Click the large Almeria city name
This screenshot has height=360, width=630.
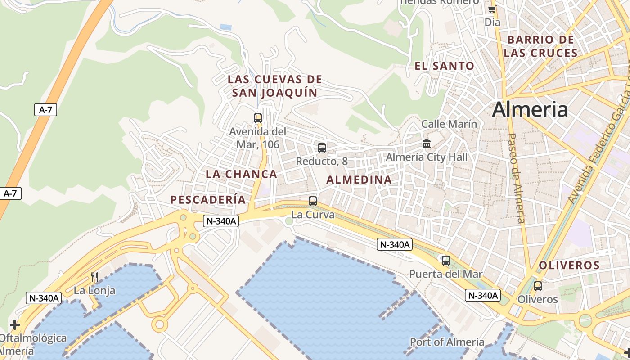click(x=530, y=109)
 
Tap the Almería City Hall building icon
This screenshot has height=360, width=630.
click(x=426, y=144)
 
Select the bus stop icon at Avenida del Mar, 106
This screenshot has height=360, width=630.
click(x=258, y=118)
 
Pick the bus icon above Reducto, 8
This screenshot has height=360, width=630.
click(x=322, y=148)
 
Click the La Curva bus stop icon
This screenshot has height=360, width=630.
click(x=313, y=201)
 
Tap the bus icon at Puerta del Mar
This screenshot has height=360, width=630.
click(x=446, y=260)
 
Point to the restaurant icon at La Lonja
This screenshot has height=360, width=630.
click(x=94, y=277)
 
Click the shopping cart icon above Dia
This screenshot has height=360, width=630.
click(x=492, y=9)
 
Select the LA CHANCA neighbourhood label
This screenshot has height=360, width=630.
click(x=241, y=174)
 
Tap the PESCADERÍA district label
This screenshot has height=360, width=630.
click(x=208, y=200)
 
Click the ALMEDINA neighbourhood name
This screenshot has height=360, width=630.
click(x=359, y=180)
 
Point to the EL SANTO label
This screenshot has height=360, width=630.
click(x=444, y=66)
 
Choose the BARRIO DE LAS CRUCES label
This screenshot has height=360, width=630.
click(x=540, y=46)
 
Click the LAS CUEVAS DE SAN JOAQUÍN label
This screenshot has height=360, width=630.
click(x=274, y=86)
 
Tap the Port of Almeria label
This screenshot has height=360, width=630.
click(x=447, y=342)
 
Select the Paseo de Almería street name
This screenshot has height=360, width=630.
click(x=516, y=178)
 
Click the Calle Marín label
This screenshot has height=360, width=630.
click(x=449, y=124)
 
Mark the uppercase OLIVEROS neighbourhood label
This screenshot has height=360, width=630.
click(x=569, y=265)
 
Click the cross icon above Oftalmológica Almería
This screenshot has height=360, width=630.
click(x=15, y=324)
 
